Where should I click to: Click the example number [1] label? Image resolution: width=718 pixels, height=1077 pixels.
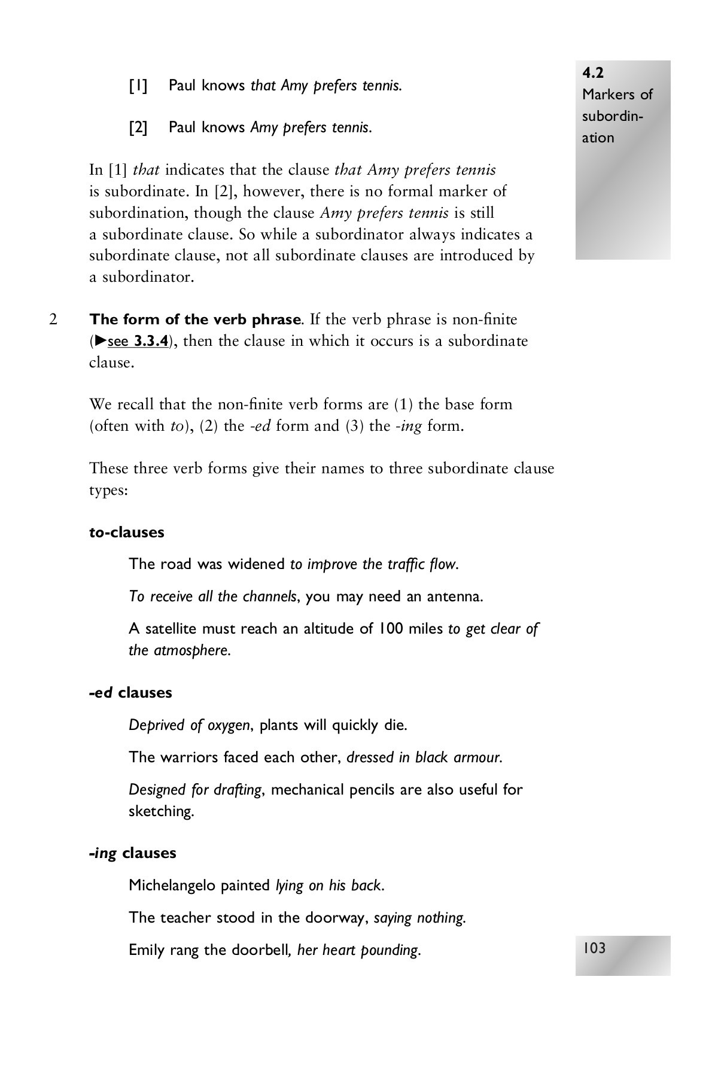(x=138, y=86)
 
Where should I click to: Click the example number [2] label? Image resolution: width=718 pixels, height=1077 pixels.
(x=138, y=127)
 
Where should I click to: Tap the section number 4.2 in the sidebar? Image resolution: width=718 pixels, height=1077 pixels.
(x=593, y=73)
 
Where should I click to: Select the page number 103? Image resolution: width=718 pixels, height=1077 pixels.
(x=594, y=948)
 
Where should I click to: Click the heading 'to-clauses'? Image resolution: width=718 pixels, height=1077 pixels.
(x=127, y=532)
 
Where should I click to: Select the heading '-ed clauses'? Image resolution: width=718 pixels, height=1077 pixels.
(x=130, y=692)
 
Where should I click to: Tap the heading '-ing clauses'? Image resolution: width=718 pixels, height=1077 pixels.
(x=133, y=853)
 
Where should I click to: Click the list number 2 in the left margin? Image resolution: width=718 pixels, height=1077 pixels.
(x=53, y=320)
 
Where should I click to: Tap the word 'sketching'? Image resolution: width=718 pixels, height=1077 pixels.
(x=161, y=811)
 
